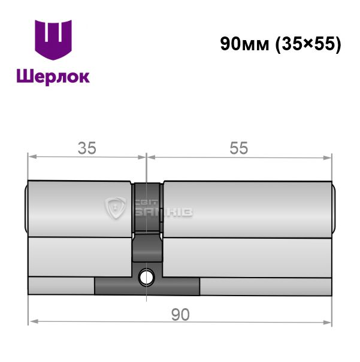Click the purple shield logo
(x=53, y=39)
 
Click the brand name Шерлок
(x=53, y=77)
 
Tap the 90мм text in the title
(x=245, y=44)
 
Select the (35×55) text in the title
(x=308, y=44)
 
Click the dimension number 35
(x=87, y=148)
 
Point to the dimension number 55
(x=238, y=148)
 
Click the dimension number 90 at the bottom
(x=180, y=315)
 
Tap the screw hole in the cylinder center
(x=146, y=278)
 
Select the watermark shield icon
(x=116, y=208)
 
